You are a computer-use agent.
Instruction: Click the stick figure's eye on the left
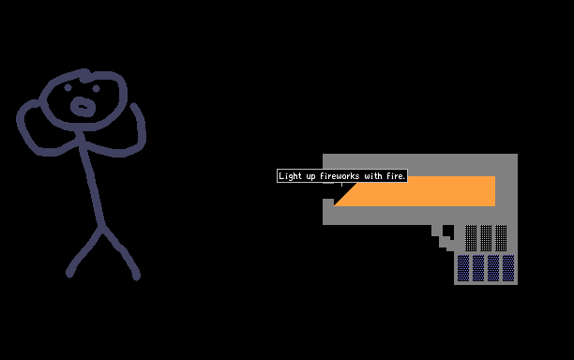[x=68, y=88]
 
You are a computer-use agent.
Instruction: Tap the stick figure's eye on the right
[x=96, y=88]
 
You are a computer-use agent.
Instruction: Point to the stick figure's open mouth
[x=83, y=107]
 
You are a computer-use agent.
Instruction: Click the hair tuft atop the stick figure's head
[x=85, y=75]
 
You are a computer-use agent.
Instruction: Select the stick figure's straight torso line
[x=91, y=179]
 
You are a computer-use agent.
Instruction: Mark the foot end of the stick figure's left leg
[x=69, y=274]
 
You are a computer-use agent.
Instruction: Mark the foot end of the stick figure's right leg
[x=136, y=276]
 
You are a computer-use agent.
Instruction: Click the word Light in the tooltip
[x=291, y=176]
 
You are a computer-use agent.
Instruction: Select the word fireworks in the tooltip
[x=340, y=176]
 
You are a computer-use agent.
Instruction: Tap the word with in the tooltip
[x=373, y=176]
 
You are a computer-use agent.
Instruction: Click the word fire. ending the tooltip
[x=396, y=176]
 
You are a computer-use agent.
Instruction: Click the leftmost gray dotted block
[x=471, y=238]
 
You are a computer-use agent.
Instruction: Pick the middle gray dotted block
[x=486, y=238]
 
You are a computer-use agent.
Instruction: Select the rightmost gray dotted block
[x=501, y=238]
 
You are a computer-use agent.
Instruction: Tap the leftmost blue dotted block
[x=463, y=268]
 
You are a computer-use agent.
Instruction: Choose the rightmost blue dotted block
[x=508, y=268]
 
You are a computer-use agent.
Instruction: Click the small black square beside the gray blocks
[x=448, y=232]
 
